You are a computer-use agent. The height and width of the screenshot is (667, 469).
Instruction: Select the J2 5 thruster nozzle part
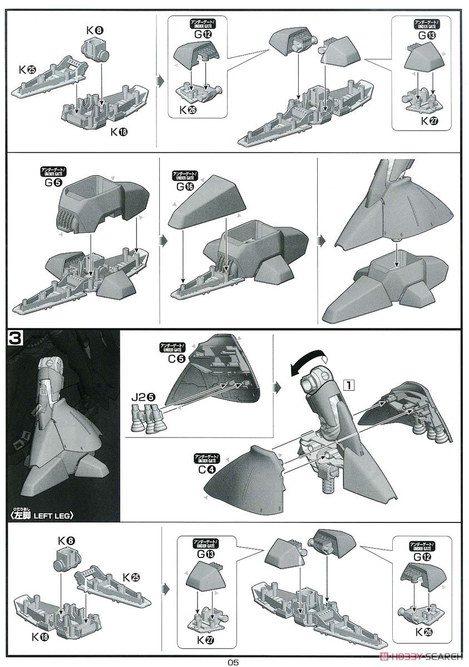coord(144,417)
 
